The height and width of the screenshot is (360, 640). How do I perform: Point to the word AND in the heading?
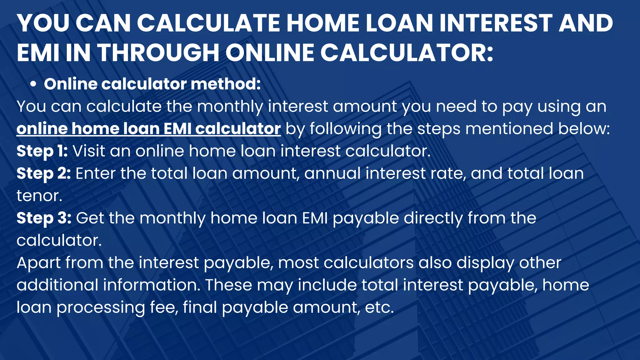(586, 23)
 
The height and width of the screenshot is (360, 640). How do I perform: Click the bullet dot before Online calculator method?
(33, 85)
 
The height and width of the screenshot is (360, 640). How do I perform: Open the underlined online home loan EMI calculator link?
(149, 129)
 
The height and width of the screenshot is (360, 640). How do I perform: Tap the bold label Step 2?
(44, 174)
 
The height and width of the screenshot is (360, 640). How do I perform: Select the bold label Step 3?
(44, 218)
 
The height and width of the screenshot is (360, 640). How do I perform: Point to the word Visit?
(88, 151)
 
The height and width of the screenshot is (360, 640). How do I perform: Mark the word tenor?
(39, 196)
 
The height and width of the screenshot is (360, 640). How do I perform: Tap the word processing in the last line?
(101, 308)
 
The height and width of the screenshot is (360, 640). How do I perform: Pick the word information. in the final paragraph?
(152, 285)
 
